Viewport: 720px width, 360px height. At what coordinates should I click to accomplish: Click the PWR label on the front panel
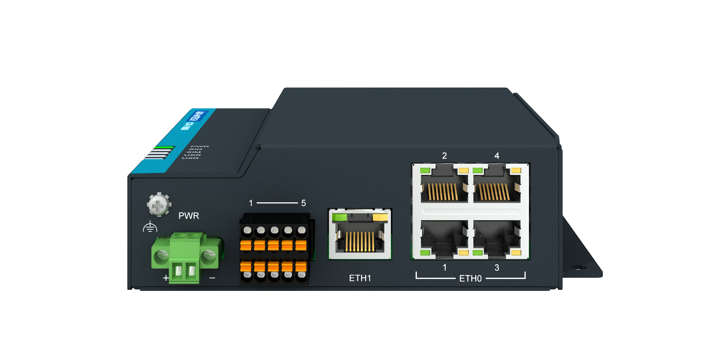(189, 216)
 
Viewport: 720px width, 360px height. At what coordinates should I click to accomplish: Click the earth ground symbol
(150, 227)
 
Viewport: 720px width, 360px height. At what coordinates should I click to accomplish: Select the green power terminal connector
(185, 257)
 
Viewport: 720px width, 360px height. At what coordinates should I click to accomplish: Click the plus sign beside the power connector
(166, 278)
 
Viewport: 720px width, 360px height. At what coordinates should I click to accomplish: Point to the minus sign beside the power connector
(212, 278)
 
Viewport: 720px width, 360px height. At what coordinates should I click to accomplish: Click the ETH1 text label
(360, 278)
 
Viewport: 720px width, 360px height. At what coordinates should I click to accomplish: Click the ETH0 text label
(470, 279)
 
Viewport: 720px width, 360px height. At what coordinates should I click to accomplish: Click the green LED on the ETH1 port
(339, 217)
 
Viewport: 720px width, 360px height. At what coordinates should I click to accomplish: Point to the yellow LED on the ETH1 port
(380, 217)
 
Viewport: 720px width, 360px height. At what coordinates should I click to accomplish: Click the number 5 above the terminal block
(303, 203)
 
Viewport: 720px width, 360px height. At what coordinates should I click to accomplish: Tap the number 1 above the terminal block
(251, 203)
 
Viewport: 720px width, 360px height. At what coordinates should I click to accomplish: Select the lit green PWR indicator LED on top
(165, 147)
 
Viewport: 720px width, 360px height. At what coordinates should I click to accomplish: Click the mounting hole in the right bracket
(579, 267)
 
